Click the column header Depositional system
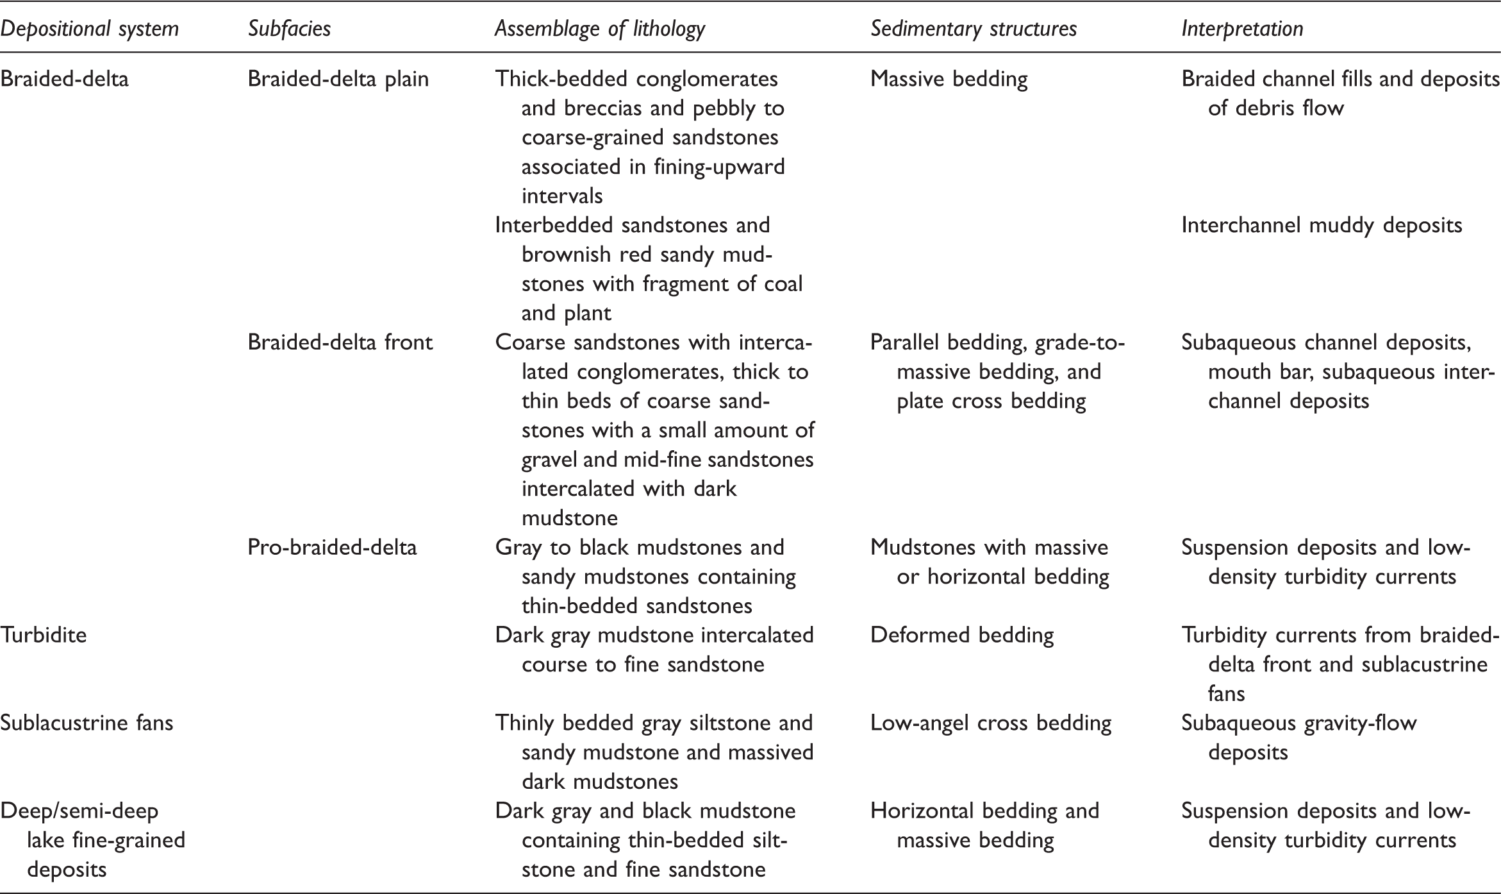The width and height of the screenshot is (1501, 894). pos(89,29)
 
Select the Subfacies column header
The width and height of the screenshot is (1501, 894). pos(289,29)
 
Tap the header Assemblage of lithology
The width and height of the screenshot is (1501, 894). pos(599,29)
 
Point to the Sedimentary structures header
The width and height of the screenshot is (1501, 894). pos(973,29)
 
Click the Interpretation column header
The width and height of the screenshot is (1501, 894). pos(1242,29)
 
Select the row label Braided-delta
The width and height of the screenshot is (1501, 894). pos(64,79)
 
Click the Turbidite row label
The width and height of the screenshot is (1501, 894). pos(44,635)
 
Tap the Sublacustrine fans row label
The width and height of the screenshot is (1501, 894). pos(87,723)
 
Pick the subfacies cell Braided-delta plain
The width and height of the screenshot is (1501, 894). pos(338,79)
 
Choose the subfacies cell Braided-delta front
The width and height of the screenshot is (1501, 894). pos(340,342)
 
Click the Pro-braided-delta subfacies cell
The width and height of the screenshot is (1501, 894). pos(332,547)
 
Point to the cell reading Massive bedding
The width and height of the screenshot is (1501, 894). pos(949,79)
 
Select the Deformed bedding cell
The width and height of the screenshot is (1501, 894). pos(961,635)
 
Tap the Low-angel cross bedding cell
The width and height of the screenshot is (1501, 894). pos(990,723)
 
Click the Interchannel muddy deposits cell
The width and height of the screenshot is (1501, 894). pos(1322,225)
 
